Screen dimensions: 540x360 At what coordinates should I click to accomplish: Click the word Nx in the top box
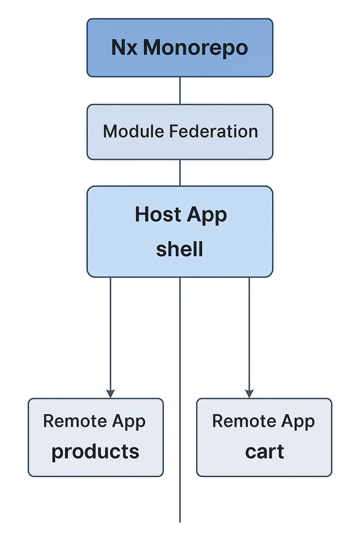[124, 47]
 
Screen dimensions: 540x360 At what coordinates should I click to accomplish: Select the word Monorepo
[195, 48]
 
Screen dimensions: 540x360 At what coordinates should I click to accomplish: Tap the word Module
[133, 131]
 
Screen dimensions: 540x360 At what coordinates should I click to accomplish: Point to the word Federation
[214, 131]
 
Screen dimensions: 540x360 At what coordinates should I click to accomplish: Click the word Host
[158, 214]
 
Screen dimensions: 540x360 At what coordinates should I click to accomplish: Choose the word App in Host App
[207, 215]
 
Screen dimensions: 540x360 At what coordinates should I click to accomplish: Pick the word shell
[180, 249]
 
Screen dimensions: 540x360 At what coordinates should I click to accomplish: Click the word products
[95, 452]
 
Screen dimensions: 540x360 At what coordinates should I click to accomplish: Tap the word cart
[264, 452]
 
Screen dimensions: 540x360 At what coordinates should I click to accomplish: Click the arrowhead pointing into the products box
[110, 394]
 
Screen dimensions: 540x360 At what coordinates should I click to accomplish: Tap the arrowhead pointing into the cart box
[249, 394]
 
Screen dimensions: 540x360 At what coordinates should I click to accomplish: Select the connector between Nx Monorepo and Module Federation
[180, 90]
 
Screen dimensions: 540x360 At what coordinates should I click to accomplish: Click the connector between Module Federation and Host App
[180, 173]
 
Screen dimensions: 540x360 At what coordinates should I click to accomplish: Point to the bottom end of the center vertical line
[180, 521]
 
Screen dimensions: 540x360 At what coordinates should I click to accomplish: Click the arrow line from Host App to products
[110, 334]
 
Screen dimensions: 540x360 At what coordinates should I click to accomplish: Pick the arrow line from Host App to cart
[249, 334]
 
